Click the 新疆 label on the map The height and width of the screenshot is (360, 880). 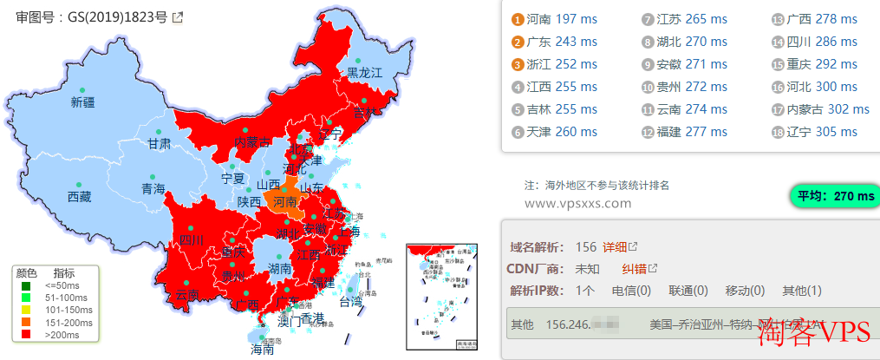point(82,102)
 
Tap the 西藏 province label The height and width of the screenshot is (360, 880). point(79,197)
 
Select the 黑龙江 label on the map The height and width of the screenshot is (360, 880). point(365,73)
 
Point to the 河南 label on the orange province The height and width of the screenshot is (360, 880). point(284,202)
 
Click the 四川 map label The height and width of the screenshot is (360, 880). point(190,240)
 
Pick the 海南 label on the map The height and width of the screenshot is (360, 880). point(262,350)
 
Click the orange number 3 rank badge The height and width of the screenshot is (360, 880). point(517,64)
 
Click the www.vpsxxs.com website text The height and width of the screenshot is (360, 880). point(578,203)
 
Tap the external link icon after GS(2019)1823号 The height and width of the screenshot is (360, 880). point(178,16)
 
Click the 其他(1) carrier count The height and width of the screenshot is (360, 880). point(802,291)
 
